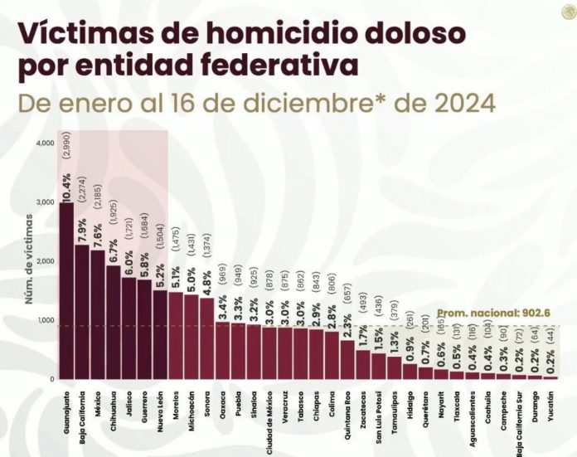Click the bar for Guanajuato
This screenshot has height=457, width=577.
tap(66, 290)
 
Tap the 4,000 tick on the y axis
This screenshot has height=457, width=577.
tap(45, 143)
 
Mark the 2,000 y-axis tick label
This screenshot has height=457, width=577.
tap(45, 261)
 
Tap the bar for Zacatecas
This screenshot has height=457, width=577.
tap(363, 364)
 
